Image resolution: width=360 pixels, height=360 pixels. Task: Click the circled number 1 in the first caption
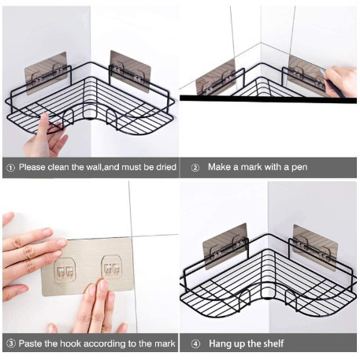[10, 168]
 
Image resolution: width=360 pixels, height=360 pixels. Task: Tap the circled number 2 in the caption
[195, 168]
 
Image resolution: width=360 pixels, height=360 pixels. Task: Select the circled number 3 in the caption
[11, 343]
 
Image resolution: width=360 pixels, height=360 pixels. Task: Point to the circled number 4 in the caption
[195, 343]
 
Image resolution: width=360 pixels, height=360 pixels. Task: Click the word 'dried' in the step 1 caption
[166, 167]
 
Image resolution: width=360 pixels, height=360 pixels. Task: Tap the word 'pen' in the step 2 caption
[299, 167]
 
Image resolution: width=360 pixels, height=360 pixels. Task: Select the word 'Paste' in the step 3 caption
[30, 343]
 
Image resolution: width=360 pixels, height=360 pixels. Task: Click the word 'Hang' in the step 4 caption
[220, 343]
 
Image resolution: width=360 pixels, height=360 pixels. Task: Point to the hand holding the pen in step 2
[340, 80]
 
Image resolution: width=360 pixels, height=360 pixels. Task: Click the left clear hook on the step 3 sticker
[65, 270]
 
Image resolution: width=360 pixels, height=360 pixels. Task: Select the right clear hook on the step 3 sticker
[112, 266]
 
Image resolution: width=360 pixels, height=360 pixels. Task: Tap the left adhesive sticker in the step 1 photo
[46, 73]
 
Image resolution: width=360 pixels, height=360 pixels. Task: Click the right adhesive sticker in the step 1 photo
[130, 72]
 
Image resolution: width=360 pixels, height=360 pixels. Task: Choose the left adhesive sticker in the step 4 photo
[225, 247]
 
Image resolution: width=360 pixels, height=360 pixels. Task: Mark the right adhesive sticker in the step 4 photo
[315, 247]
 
